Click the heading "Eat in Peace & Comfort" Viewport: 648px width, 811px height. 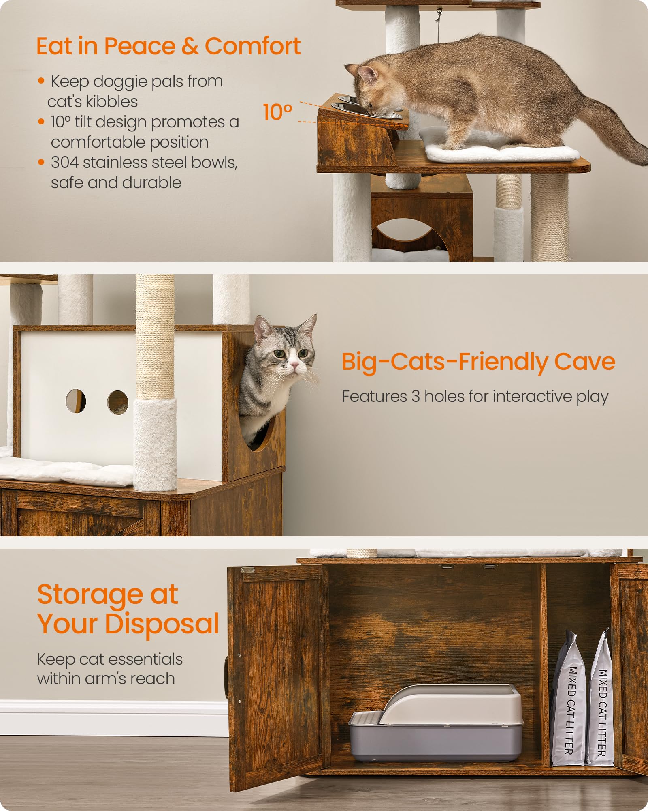168,46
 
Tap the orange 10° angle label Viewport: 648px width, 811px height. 277,112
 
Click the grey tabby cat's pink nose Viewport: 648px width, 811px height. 294,366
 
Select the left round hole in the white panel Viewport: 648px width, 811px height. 76,401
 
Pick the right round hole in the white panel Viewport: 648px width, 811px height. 117,402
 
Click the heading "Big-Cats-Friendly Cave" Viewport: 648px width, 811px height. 478,361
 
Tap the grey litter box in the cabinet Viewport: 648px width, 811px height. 435,726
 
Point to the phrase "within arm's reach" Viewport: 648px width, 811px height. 106,678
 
